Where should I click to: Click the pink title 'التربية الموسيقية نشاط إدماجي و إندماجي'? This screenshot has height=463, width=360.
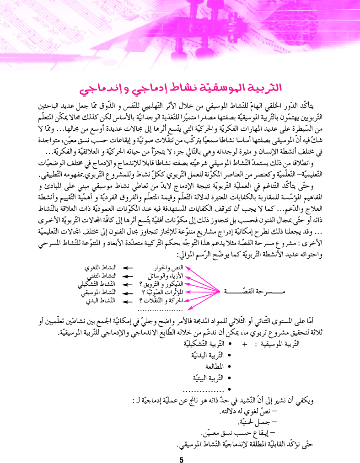coord(180,88)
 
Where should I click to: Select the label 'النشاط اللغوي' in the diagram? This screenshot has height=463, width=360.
coord(101,267)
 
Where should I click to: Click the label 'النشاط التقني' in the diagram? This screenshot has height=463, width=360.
coord(101,276)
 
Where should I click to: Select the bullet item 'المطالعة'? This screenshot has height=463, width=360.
coord(212,366)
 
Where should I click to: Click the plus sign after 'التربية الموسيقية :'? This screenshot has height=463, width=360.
coord(244,344)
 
